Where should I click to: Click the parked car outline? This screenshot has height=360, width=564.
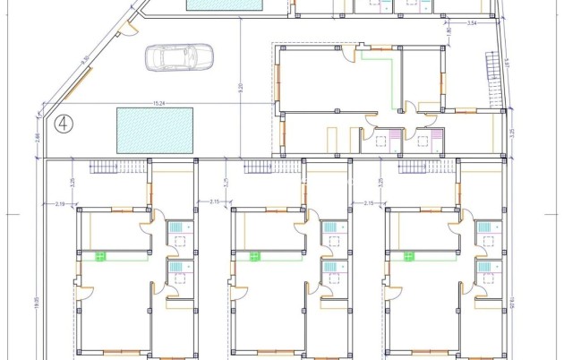pos(179,57)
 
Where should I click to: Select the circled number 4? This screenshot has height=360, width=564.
pos(64,123)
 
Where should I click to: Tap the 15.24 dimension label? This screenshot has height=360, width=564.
pos(160,102)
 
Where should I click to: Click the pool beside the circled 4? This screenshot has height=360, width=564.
pos(155,129)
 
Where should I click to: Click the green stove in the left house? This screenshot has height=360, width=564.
pos(102,256)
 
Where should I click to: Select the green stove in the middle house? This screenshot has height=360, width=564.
pos(256,256)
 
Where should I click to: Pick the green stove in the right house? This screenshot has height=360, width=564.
pos(410,256)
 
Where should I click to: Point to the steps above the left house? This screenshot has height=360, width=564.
pos(105,168)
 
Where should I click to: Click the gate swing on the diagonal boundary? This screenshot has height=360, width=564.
pos(129,28)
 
